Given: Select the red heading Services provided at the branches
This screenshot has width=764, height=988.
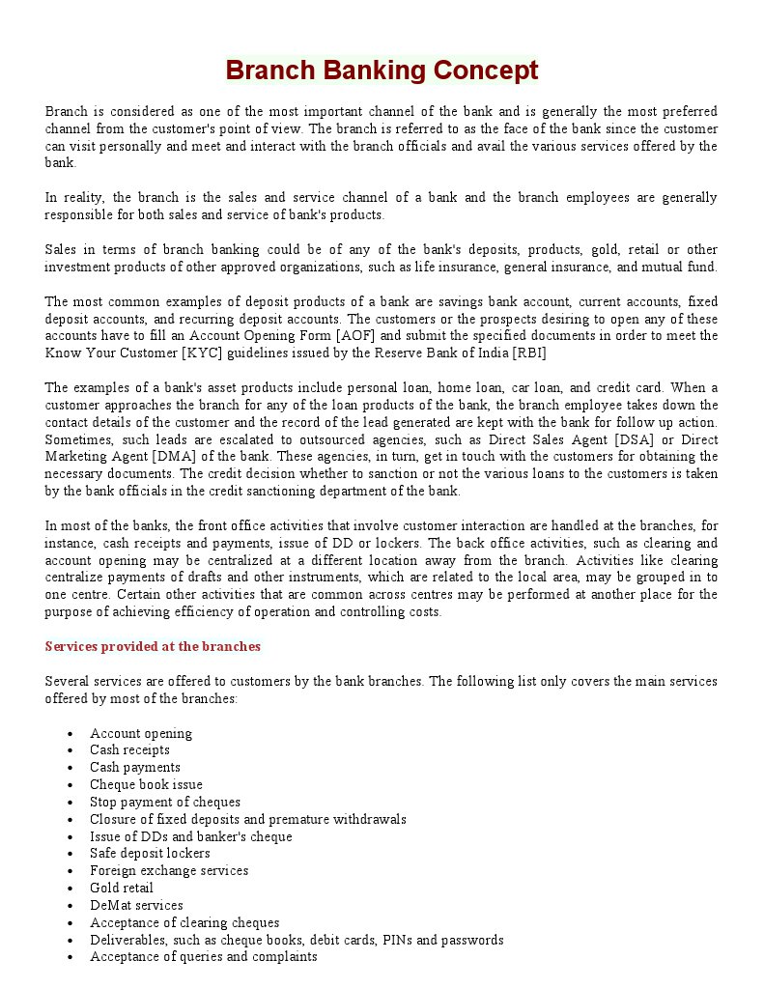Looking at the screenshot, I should coord(153,646).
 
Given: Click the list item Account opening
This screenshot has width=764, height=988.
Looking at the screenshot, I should coord(141,733).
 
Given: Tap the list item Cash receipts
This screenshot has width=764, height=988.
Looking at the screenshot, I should coord(129,750).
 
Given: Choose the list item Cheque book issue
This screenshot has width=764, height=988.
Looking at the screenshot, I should coord(146,785).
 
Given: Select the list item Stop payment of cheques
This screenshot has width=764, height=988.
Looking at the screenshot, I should coord(165,803).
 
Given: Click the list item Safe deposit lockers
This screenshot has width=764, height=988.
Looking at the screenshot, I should coord(150,854).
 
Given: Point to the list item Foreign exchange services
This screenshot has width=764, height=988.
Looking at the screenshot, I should coord(169,871).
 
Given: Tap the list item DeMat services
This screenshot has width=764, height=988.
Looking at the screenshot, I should coord(136,906).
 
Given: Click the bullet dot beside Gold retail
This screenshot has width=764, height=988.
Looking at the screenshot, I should coord(71,889).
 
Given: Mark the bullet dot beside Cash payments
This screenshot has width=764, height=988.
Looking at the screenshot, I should coord(71,768).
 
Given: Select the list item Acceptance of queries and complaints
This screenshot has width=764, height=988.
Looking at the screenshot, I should coord(203,957).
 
